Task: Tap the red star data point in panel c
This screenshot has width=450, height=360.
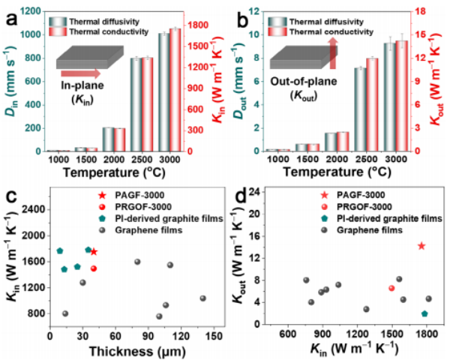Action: point(94,251)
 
